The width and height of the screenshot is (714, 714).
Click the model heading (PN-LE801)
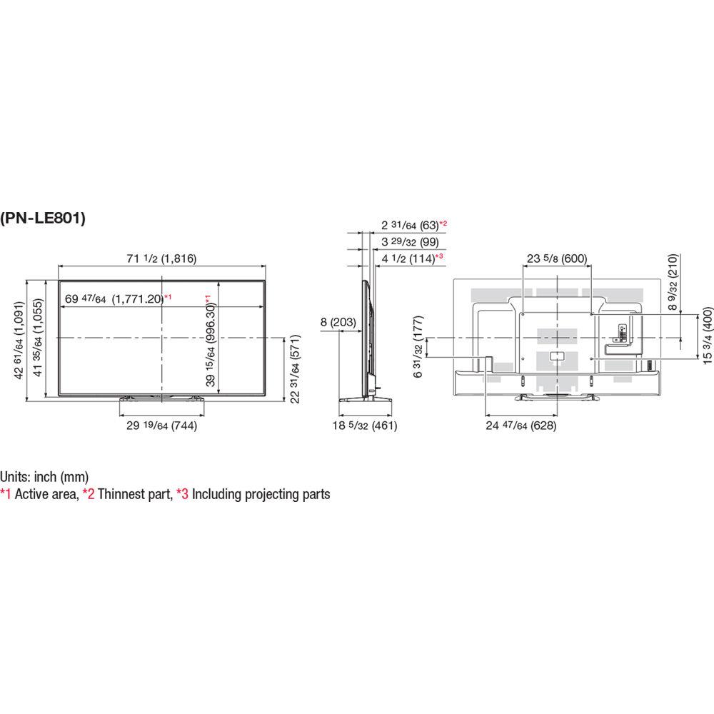pos(43,218)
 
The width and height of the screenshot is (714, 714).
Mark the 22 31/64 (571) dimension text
pos(295,369)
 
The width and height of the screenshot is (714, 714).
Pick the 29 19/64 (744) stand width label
pos(161,426)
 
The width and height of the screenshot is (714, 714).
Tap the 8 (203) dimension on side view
pos(338,322)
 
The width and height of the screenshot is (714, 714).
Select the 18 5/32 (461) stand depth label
pos(365,426)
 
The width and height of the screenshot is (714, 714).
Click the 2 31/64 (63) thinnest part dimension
pos(411,225)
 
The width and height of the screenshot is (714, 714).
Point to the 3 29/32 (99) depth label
pos(411,242)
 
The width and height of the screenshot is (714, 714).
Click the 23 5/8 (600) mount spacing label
pos(557,258)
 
